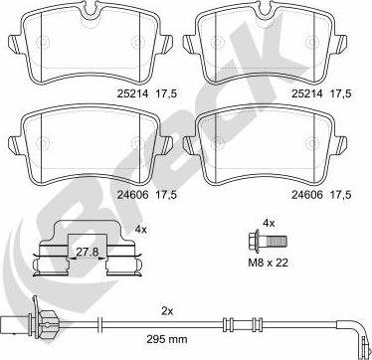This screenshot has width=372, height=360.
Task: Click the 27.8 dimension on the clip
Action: click(x=88, y=252)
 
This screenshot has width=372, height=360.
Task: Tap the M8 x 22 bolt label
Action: click(x=269, y=263)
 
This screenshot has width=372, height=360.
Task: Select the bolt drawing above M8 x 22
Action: click(x=268, y=241)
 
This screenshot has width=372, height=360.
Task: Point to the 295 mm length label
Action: click(x=167, y=339)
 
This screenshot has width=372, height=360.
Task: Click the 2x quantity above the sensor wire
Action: click(x=167, y=311)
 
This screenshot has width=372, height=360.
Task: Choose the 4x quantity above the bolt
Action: click(x=269, y=223)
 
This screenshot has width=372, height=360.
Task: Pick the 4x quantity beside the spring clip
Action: click(x=140, y=229)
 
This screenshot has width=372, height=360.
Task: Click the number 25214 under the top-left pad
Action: click(x=132, y=93)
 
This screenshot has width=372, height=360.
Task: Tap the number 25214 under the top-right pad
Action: click(x=307, y=93)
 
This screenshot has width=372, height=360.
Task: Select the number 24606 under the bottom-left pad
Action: click(x=132, y=195)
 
